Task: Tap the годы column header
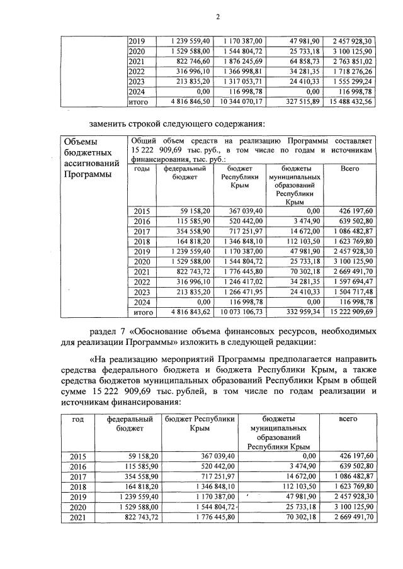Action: (x=142, y=169)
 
